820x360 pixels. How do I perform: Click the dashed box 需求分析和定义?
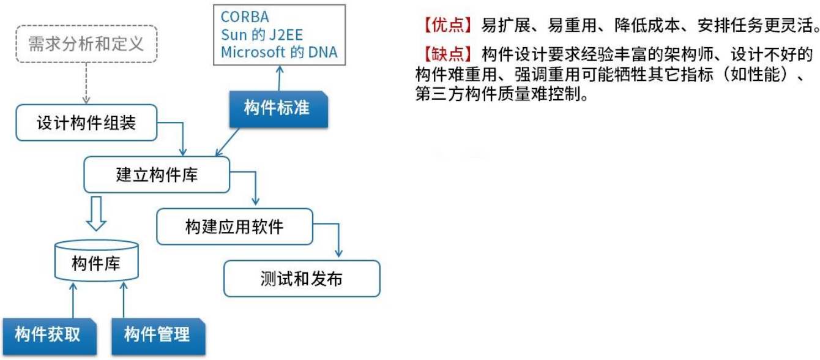coord(86,44)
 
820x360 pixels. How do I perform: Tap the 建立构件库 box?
coord(157,173)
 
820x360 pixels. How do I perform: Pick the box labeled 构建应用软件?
coord(234,227)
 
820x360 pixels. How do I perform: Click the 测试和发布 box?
coord(301,279)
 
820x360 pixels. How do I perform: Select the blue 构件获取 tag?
coord(48,334)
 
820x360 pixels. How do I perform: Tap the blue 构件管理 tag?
coord(157,334)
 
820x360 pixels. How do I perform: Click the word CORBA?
coord(245,17)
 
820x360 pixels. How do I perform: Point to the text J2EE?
coord(286,34)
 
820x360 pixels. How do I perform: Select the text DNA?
coord(322,52)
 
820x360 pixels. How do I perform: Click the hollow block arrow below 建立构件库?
coord(96,213)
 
